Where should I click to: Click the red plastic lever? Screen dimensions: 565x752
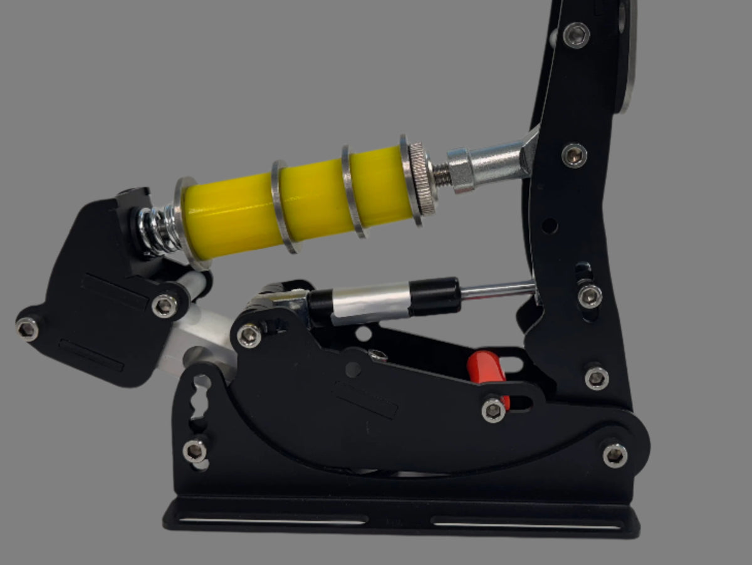[486, 370]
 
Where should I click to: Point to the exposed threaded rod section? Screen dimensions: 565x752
[441, 175]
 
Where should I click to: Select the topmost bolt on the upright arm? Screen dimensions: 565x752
[576, 35]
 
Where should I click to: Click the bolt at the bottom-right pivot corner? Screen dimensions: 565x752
[615, 455]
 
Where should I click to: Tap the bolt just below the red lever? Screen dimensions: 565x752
[494, 410]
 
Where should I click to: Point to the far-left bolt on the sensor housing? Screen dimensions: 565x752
[28, 328]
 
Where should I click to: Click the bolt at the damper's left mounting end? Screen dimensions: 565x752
[249, 335]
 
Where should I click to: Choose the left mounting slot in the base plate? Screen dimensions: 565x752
[273, 520]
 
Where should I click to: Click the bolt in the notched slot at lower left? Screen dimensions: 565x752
[195, 450]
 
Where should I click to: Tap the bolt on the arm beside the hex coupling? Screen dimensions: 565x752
[574, 155]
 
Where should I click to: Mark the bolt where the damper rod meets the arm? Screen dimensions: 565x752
[590, 296]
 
